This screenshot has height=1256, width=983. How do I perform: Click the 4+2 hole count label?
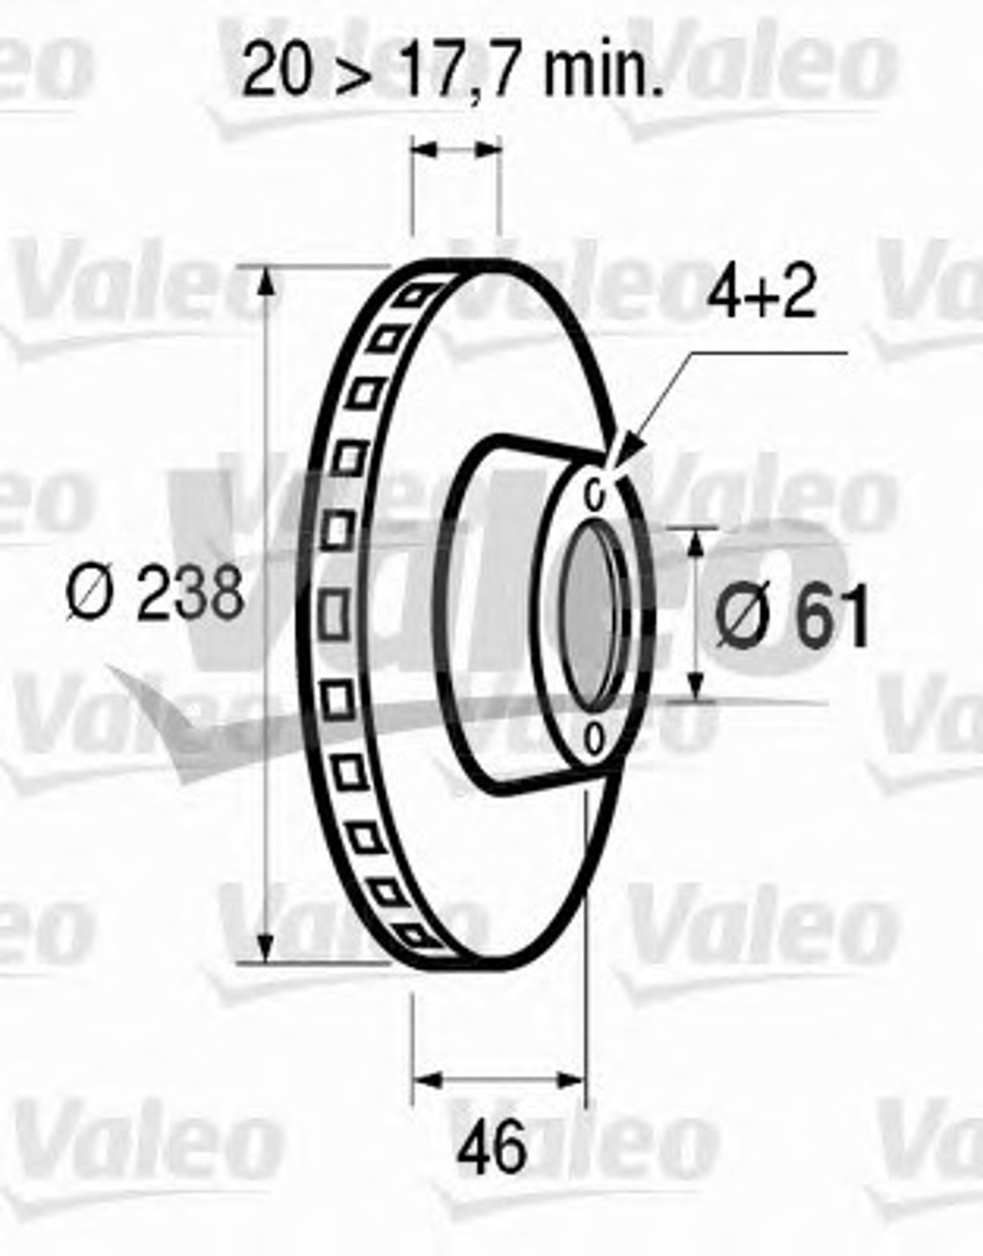pos(761,293)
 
